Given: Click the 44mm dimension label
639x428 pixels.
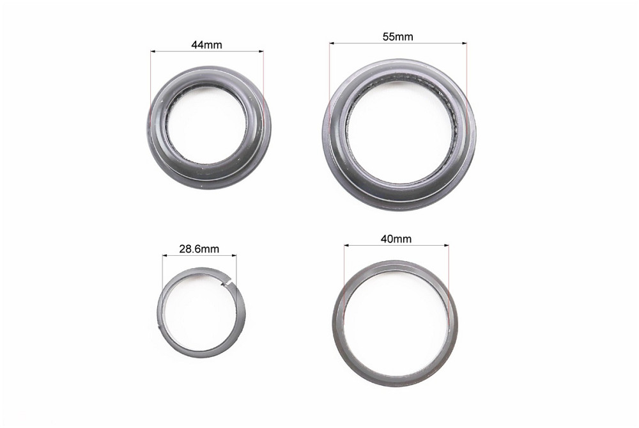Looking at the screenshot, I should tap(206, 45).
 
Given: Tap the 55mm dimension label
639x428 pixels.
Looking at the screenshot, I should tap(397, 36).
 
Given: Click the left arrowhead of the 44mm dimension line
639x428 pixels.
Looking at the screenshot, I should tap(153, 51).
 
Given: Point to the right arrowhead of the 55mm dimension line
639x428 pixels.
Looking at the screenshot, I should tap(465, 44).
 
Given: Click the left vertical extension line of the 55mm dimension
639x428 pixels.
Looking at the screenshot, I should tap(329, 83).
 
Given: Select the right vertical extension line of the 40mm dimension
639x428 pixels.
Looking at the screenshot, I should tap(449, 275).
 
